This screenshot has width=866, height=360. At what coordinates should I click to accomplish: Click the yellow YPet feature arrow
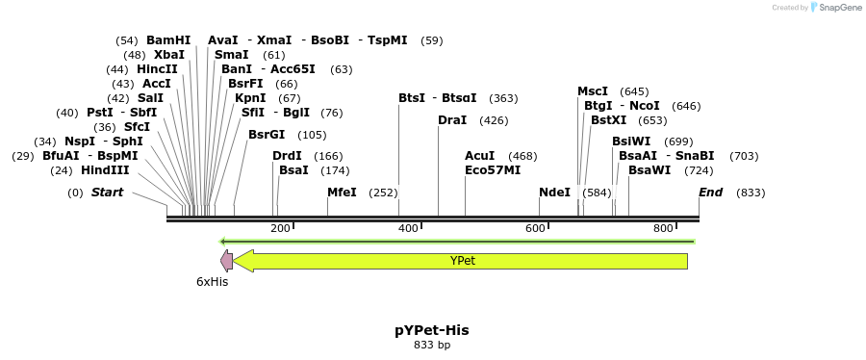click(x=462, y=261)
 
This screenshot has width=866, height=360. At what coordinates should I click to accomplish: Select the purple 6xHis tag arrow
click(x=226, y=260)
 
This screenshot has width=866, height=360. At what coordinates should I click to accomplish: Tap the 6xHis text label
click(x=212, y=282)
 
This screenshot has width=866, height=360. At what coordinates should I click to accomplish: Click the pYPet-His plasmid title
click(x=432, y=330)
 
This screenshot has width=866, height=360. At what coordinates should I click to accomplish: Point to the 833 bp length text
click(x=432, y=345)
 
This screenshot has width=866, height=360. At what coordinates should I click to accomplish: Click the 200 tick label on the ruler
click(x=280, y=228)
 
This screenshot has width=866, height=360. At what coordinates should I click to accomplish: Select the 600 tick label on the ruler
click(x=535, y=228)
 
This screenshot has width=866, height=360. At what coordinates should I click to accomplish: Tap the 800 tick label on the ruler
click(x=663, y=228)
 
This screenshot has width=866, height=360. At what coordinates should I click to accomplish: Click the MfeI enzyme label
click(x=342, y=193)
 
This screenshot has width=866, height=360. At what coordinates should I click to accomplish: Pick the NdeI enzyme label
click(x=554, y=193)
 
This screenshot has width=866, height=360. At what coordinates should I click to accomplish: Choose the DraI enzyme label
click(x=452, y=120)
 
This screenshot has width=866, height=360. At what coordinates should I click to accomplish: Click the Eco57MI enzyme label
click(x=493, y=170)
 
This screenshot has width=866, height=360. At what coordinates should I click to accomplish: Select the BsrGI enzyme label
click(x=267, y=135)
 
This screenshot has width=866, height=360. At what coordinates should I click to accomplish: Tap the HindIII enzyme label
click(x=105, y=170)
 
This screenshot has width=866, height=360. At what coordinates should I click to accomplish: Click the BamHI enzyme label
click(x=168, y=40)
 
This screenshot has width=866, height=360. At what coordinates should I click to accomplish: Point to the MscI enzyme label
click(x=593, y=91)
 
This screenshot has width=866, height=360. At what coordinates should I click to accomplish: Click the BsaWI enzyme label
click(x=649, y=170)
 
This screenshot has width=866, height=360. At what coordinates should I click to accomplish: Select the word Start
click(x=108, y=193)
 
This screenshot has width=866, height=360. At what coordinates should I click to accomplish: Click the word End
click(x=710, y=193)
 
